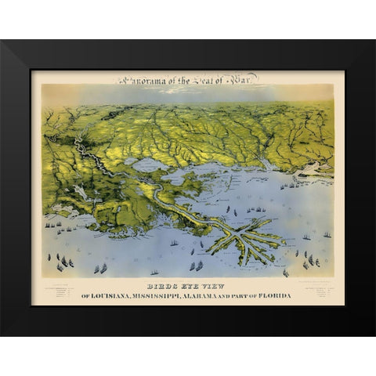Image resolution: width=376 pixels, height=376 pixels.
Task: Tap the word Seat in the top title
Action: pyautogui.click(x=203, y=79)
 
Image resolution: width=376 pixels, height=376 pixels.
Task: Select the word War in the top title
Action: pyautogui.click(x=243, y=79)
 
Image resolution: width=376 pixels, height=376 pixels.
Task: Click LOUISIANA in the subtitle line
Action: pyautogui.click(x=113, y=295)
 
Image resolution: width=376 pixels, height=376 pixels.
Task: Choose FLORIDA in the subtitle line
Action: pyautogui.click(x=275, y=295)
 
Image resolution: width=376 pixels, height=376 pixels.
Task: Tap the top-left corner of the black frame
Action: pyautogui.click(x=2, y=42)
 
